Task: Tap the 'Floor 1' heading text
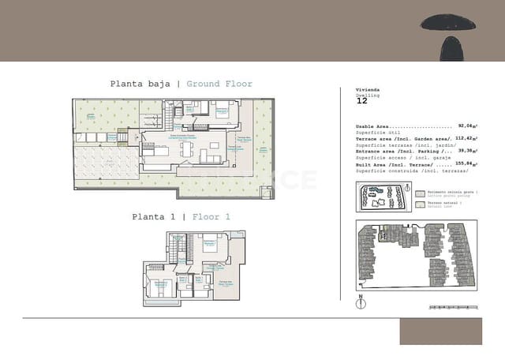(x=211, y=216)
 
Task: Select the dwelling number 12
(x=361, y=102)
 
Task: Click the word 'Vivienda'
(x=368, y=90)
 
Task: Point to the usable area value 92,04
(x=466, y=126)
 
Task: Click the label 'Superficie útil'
(x=378, y=132)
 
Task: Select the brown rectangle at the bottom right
(x=440, y=331)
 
